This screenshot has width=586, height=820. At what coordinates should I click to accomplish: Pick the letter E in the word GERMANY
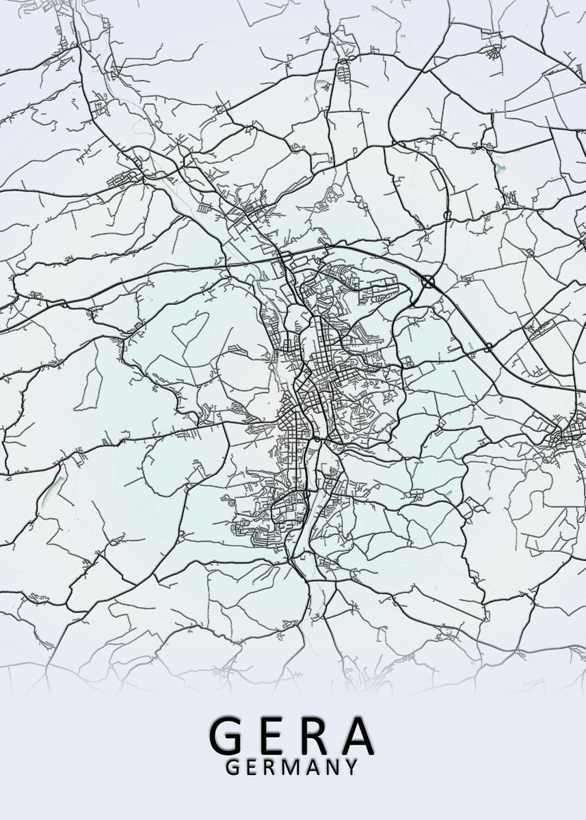[x=251, y=767]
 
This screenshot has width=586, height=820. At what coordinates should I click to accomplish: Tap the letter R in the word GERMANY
[x=270, y=767]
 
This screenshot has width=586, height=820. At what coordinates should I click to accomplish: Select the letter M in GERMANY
[x=291, y=767]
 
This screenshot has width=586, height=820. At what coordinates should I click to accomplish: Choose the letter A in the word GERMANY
[x=312, y=767]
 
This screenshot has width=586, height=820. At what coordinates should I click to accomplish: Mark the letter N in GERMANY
[x=332, y=767]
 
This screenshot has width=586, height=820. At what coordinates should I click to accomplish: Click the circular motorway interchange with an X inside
[x=428, y=280]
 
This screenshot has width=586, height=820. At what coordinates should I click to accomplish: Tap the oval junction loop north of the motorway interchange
[x=447, y=215]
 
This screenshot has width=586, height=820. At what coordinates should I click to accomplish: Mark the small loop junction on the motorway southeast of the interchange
[x=488, y=348]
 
